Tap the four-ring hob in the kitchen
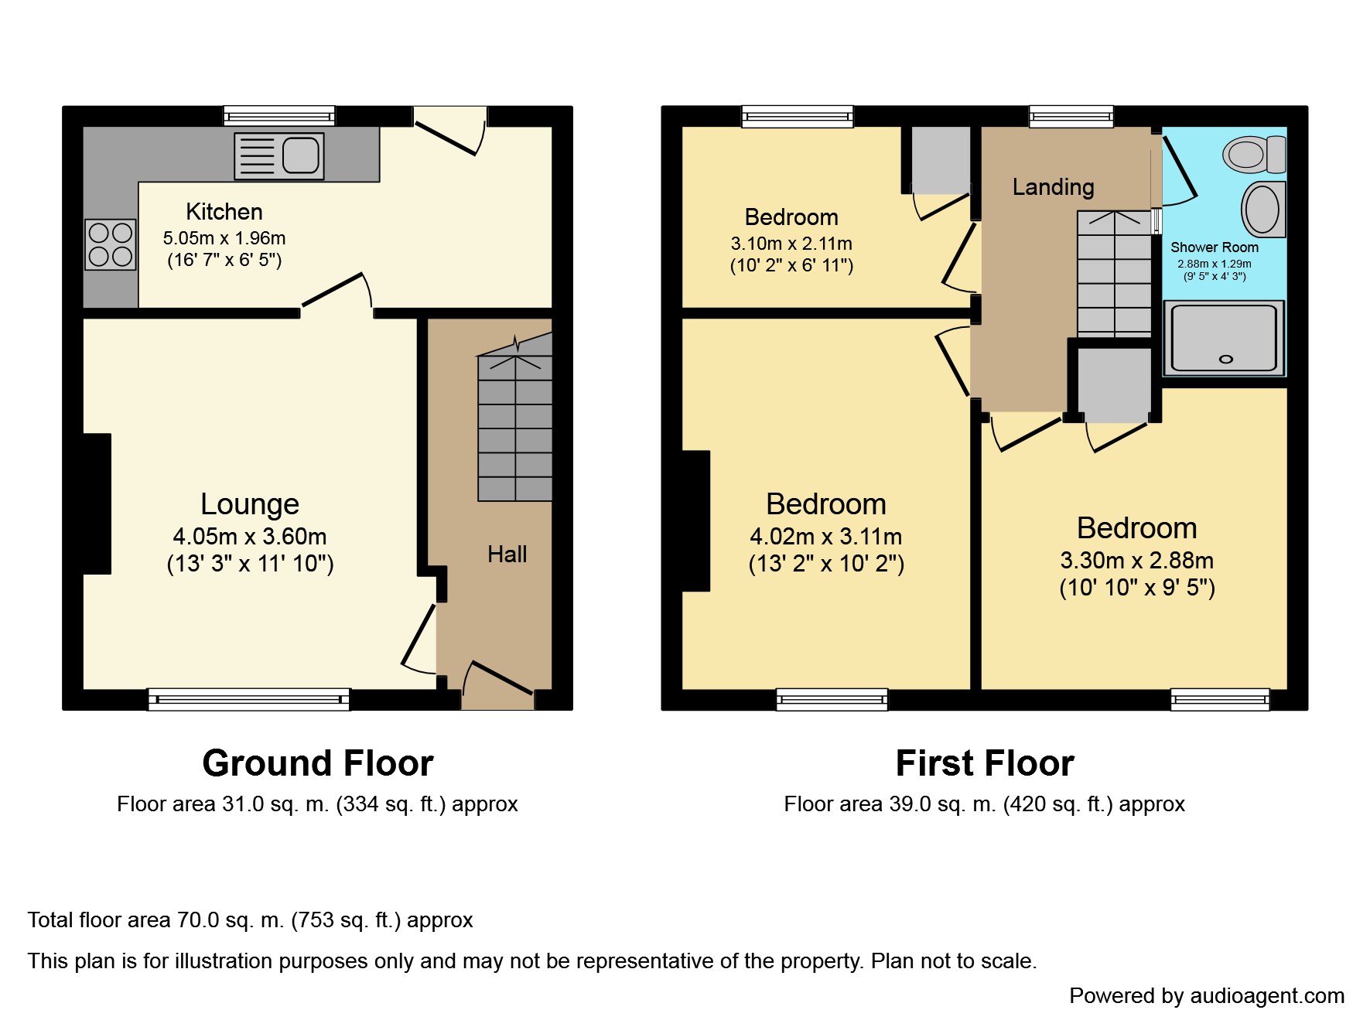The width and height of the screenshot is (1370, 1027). pyautogui.click(x=111, y=244)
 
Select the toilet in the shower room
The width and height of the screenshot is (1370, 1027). pyautogui.click(x=1254, y=154)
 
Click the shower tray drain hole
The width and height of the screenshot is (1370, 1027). pyautogui.click(x=1225, y=359)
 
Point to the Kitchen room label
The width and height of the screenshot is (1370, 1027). pyautogui.click(x=224, y=212)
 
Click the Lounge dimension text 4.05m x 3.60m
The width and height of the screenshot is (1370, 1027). pyautogui.click(x=250, y=536)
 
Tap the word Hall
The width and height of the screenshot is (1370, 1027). pyautogui.click(x=507, y=554)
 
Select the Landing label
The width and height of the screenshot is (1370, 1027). pyautogui.click(x=1054, y=186)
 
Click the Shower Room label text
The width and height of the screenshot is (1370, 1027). pyautogui.click(x=1215, y=247)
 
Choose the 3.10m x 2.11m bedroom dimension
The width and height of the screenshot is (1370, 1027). pyautogui.click(x=791, y=244)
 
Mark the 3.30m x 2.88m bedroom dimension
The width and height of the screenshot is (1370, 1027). pyautogui.click(x=1137, y=560)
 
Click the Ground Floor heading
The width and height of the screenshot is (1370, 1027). pyautogui.click(x=318, y=763)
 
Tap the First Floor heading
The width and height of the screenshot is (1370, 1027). pyautogui.click(x=985, y=763)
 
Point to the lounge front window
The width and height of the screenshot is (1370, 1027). pyautogui.click(x=248, y=699)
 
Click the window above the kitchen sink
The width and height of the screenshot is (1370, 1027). pyautogui.click(x=279, y=116)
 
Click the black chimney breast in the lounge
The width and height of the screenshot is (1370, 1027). pyautogui.click(x=97, y=503)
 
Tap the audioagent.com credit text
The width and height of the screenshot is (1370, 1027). pyautogui.click(x=1207, y=996)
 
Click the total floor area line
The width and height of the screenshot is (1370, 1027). pyautogui.click(x=250, y=920)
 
